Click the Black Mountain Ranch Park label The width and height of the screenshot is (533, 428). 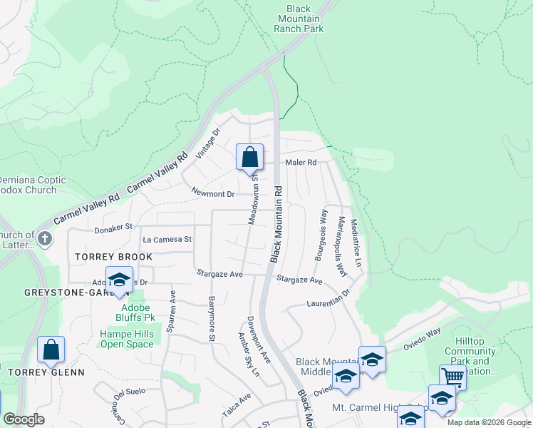299,19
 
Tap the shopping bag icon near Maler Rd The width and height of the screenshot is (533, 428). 250,157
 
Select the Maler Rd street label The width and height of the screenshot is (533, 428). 301,163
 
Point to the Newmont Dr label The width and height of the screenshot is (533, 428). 212,193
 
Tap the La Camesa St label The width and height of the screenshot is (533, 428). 167,240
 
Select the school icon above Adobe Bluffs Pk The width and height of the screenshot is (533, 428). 120,280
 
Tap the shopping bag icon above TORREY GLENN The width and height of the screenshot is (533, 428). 51,350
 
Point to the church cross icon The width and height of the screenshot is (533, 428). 45,238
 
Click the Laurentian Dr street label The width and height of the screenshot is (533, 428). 329,297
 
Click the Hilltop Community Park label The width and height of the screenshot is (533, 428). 470,356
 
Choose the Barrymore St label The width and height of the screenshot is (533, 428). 212,319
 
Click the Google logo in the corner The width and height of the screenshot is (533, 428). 24,419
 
